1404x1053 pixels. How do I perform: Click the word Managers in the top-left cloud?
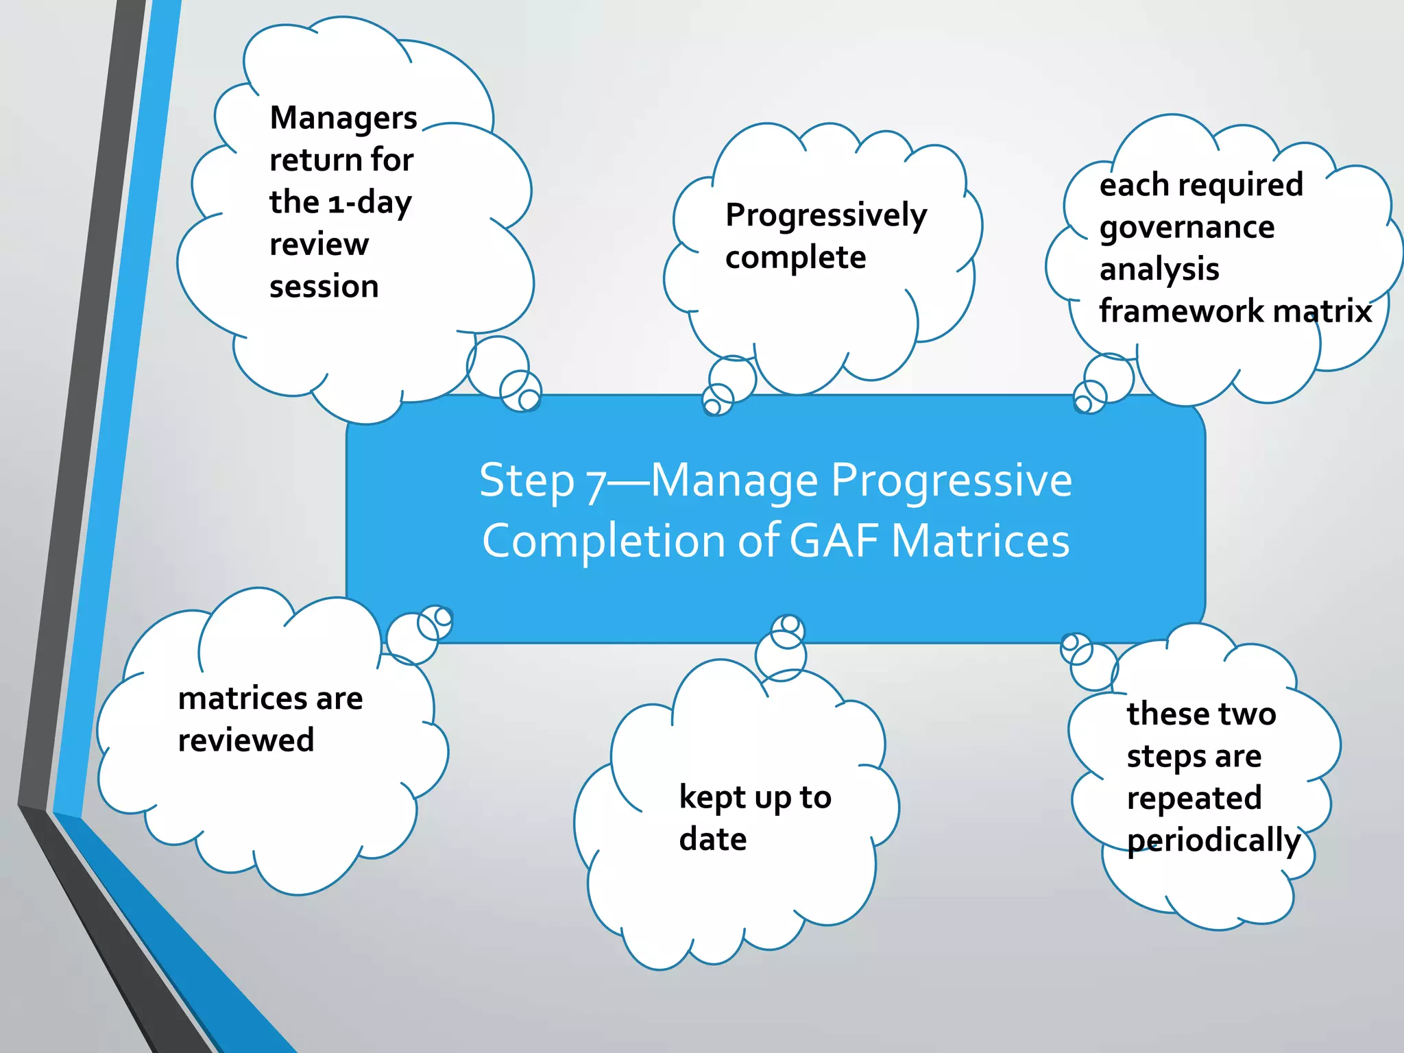pos(343,119)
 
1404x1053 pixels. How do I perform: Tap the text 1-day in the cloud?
pos(370,203)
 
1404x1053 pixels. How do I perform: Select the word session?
pos(324,287)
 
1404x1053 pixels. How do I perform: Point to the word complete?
pos(795,258)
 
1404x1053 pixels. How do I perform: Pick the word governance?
pos(1187,228)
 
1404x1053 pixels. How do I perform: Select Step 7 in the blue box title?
pos(542,481)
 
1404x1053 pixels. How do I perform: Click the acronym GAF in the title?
pos(834,542)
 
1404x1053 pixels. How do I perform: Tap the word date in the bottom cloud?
pos(712,840)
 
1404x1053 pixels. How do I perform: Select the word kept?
pos(712,798)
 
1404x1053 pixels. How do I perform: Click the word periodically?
pos(1213,841)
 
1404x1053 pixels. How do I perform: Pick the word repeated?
pos(1194,799)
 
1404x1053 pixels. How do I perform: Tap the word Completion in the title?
pos(604,542)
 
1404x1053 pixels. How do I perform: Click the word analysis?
pos(1159,270)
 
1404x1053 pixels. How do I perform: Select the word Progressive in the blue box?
pos(951,481)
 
